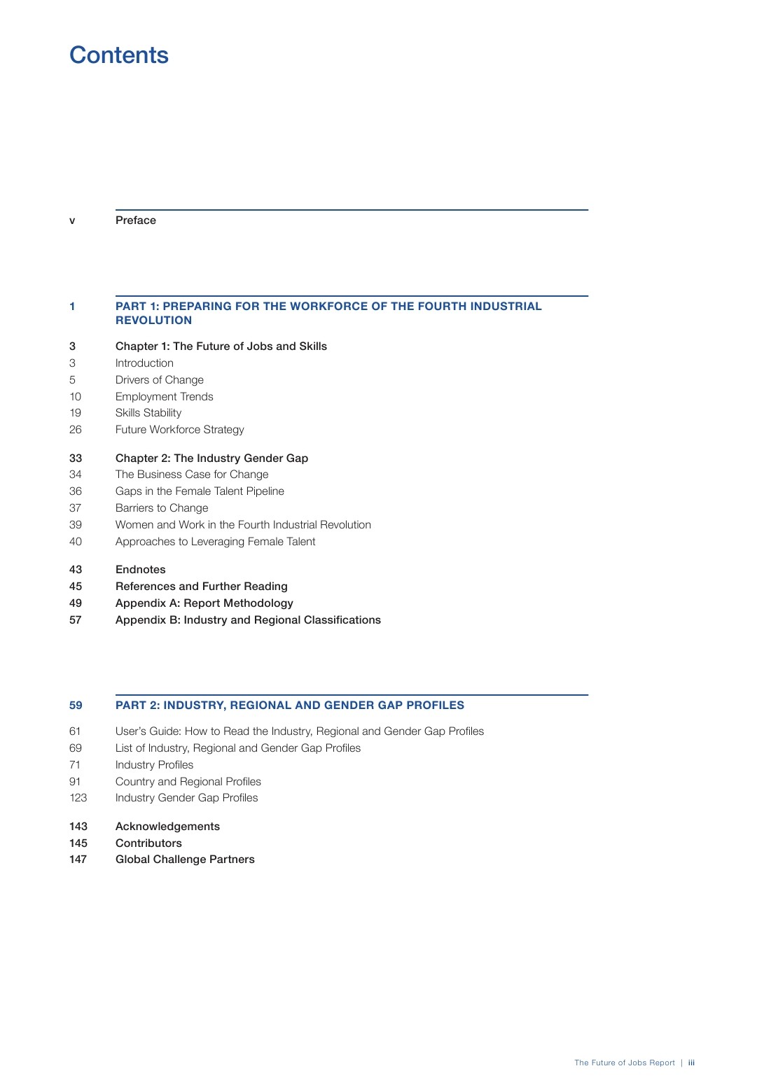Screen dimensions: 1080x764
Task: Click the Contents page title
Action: coord(119,55)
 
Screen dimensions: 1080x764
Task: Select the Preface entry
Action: coord(136,220)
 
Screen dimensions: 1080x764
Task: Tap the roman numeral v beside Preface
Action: coord(72,221)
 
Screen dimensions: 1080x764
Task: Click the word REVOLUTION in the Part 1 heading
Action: coord(153,321)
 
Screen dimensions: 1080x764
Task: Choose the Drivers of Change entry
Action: coord(160,380)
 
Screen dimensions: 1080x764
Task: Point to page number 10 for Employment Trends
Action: coord(76,397)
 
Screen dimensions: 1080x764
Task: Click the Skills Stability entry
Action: coord(148,413)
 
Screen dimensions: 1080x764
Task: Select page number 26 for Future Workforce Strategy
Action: coord(76,430)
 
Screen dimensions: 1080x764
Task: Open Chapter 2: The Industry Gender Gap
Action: coord(211,458)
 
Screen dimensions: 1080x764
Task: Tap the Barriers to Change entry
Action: coord(162,508)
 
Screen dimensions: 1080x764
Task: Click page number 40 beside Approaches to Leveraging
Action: coord(76,542)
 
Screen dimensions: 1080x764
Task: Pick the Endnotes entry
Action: coord(141,570)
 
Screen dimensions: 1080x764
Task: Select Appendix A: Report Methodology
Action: coord(204,603)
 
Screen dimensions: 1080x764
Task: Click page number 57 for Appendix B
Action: coord(76,620)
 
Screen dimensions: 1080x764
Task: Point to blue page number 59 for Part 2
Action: coord(76,706)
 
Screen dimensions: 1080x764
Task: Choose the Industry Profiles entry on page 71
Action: coord(154,765)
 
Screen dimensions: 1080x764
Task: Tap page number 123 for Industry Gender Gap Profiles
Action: coord(78,798)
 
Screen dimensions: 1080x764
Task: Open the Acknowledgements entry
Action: coord(167,827)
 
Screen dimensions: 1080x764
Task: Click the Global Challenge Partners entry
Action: coord(185,860)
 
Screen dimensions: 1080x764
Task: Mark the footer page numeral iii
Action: coord(691,1063)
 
